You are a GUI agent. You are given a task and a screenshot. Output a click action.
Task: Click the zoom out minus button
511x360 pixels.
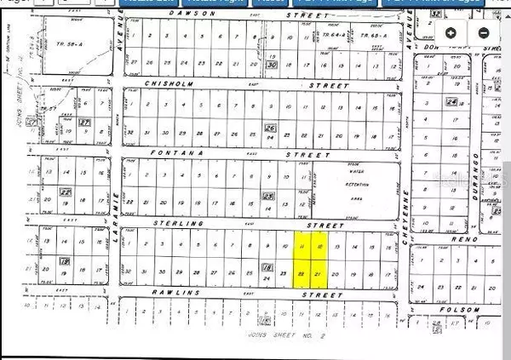click(483, 33)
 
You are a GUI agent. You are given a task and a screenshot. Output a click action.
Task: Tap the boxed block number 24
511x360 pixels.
click(451, 103)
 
